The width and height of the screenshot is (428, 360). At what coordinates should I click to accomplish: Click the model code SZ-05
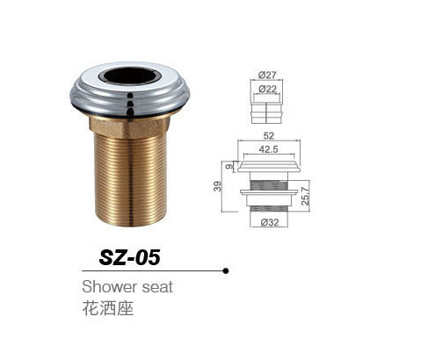[127, 257]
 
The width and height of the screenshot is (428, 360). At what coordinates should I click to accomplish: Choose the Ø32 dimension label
[268, 222]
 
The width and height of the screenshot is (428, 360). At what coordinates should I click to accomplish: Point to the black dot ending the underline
[227, 270]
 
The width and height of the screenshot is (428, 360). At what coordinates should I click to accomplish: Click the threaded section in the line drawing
[267, 191]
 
